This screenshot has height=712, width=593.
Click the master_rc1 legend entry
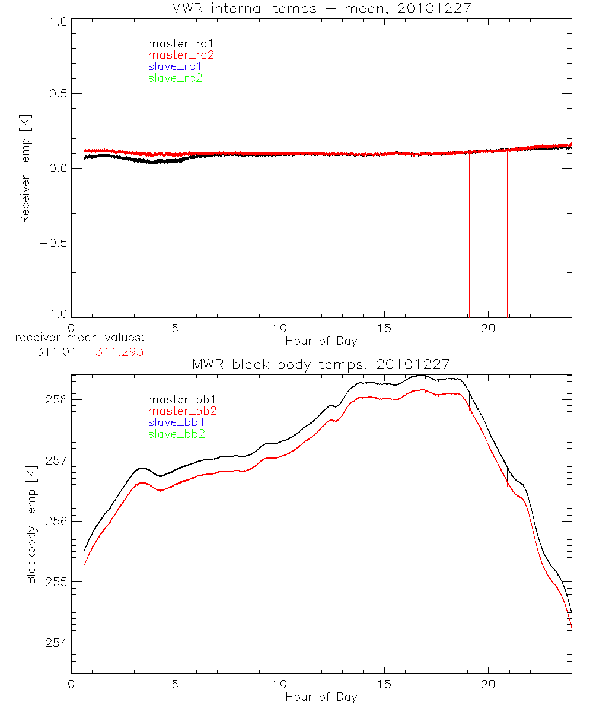tap(175, 43)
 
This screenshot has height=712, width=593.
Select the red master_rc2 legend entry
tap(181, 55)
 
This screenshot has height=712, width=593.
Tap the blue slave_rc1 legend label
tap(175, 66)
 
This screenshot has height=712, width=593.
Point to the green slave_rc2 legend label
tap(175, 78)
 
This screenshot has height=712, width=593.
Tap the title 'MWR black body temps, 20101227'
tap(321, 364)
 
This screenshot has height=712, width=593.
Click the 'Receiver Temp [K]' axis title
tap(25, 169)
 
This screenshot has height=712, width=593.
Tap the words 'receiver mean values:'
tap(80, 338)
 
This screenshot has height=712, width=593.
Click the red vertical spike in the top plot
tap(508, 237)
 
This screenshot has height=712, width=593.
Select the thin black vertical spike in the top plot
tap(469, 237)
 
